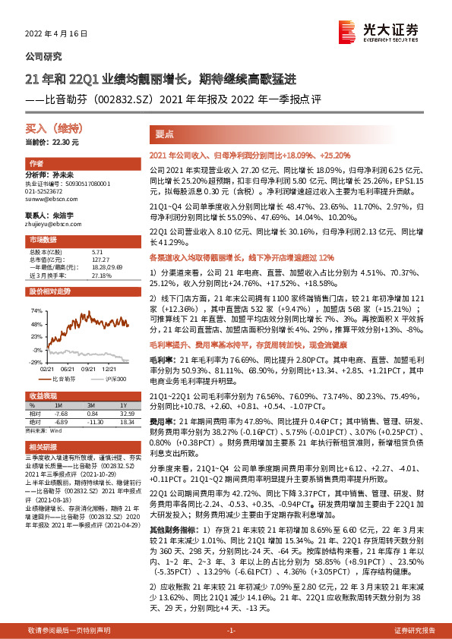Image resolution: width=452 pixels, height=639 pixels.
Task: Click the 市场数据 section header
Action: point(43,239)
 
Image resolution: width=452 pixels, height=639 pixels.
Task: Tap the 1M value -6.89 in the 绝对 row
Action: point(63,421)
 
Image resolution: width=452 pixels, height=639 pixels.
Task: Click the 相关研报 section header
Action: point(43,447)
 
